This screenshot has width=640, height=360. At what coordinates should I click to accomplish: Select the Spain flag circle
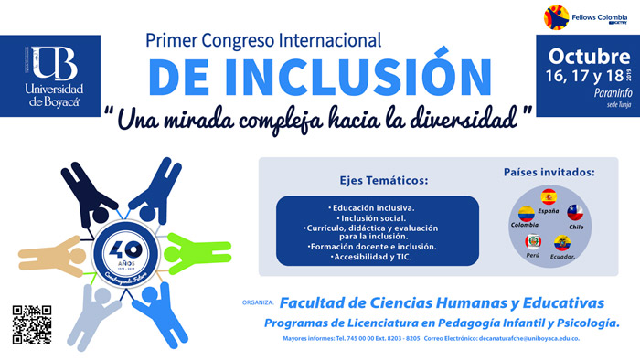pyautogui.click(x=549, y=196)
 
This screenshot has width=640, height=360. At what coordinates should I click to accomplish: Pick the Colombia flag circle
pyautogui.click(x=526, y=217)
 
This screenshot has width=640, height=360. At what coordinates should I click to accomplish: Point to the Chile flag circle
pyautogui.click(x=575, y=215)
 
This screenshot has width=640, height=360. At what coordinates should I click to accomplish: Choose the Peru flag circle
pyautogui.click(x=533, y=242)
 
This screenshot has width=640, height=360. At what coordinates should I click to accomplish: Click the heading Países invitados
pyautogui.click(x=549, y=172)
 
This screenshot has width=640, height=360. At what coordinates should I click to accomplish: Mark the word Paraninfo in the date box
pyautogui.click(x=586, y=91)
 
